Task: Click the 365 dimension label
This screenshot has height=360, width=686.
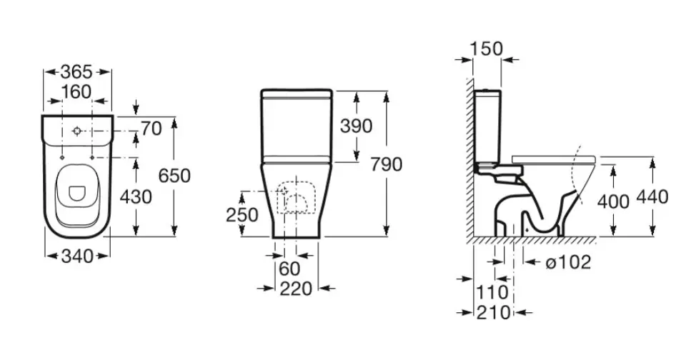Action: tap(76, 71)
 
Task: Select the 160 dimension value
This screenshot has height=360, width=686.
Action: tap(76, 92)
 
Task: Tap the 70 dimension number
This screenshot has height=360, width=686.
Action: tap(151, 129)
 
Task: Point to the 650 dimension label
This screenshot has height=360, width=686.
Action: tap(174, 176)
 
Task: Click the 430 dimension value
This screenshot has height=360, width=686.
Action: tap(136, 197)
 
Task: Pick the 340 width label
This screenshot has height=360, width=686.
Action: tap(77, 256)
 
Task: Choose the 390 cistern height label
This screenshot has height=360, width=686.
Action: tap(357, 126)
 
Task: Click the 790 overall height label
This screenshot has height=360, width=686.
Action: tap(387, 164)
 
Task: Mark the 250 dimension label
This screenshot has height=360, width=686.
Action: tap(242, 215)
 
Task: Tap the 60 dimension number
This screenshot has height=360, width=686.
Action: tap(289, 269)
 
